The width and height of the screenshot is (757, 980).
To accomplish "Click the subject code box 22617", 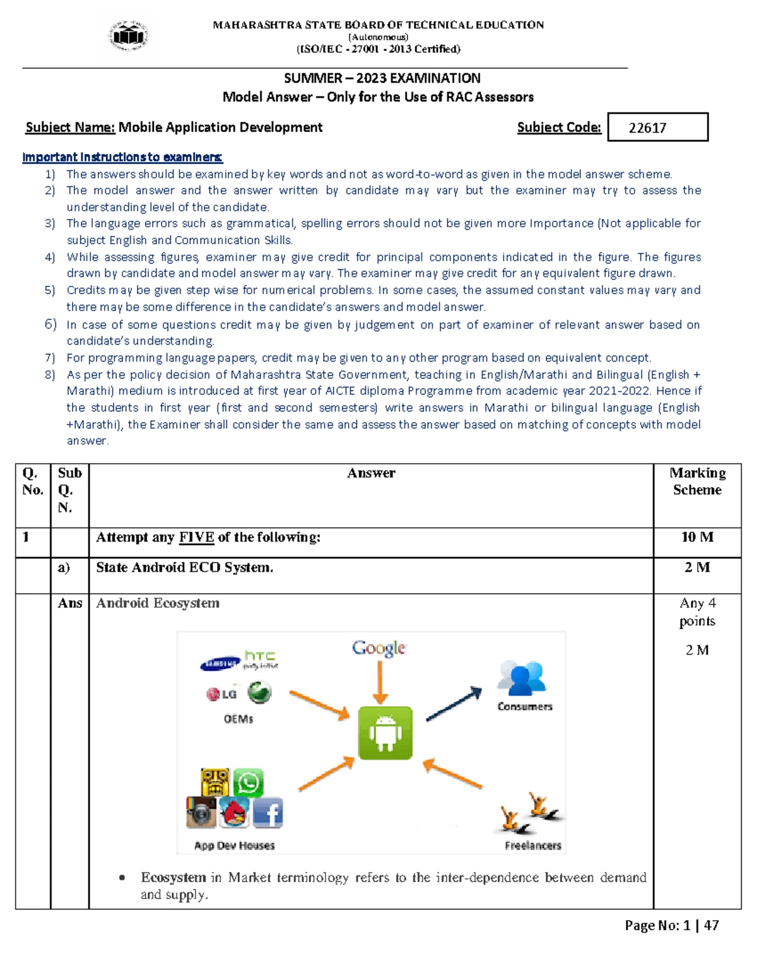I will [x=657, y=127].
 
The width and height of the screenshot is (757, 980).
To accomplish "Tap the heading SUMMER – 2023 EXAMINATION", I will [x=382, y=78].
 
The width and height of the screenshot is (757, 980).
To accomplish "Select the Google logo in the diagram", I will [x=379, y=648].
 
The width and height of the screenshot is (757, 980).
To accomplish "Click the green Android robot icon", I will [x=385, y=733].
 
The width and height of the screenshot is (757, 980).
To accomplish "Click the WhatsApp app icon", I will [x=249, y=782].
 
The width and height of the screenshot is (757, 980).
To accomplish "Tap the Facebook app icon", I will [x=268, y=813].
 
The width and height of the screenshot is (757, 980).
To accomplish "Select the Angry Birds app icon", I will [x=234, y=813].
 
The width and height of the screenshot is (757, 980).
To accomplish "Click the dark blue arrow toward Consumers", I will [x=454, y=704].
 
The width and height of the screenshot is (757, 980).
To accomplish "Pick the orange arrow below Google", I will [x=380, y=682].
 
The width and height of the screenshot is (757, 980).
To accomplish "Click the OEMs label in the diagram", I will [x=238, y=719].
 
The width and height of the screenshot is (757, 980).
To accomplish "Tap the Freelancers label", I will [x=532, y=846].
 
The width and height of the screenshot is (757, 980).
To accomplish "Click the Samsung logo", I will [x=220, y=664].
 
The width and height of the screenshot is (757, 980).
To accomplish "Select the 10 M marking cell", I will [x=697, y=537].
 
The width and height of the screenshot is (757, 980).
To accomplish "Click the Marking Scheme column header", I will [x=697, y=481].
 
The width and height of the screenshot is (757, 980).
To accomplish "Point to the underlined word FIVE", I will [x=197, y=538].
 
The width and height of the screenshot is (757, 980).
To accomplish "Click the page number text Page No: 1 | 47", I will [x=671, y=926].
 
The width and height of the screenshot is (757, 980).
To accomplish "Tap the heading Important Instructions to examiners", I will [x=122, y=157].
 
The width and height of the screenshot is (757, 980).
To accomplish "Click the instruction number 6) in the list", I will [x=50, y=324].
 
